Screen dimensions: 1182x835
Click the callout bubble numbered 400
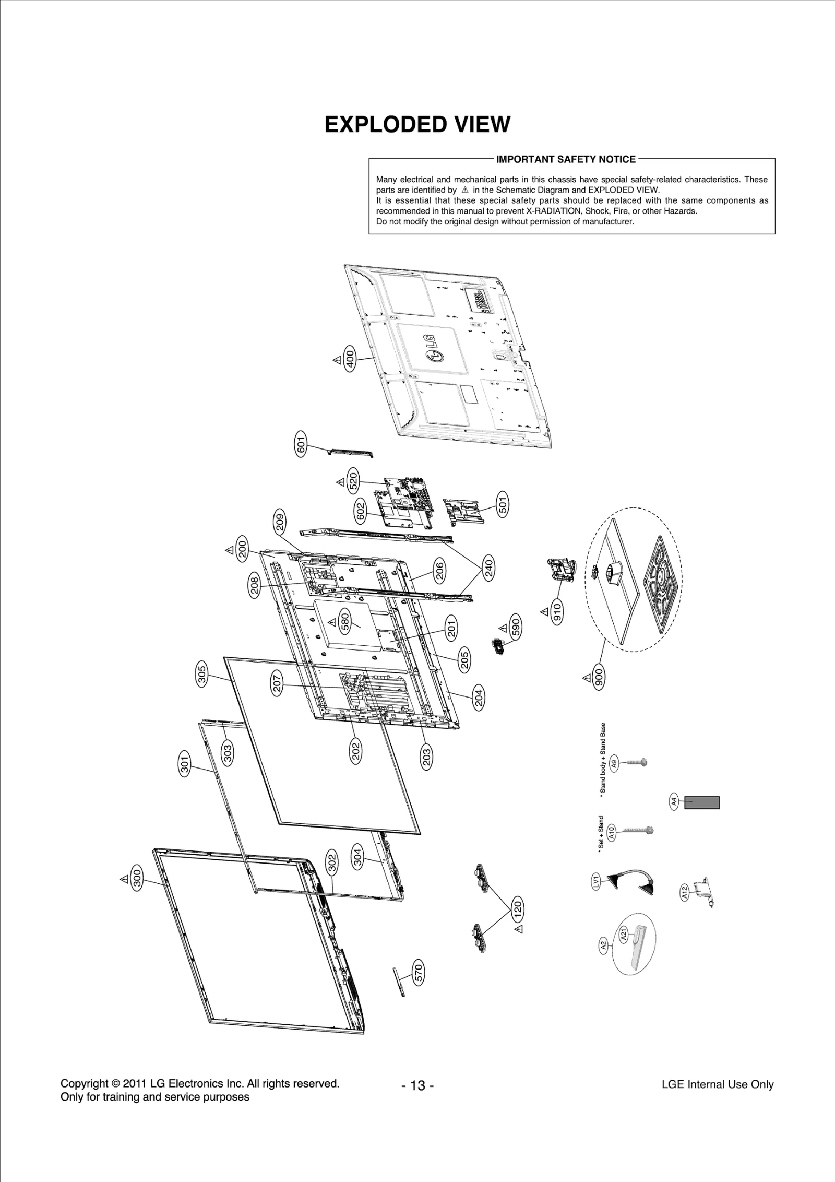[350, 360]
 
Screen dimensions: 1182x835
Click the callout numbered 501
[503, 504]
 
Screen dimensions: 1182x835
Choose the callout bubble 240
[489, 568]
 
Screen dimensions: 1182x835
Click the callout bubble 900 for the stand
[599, 678]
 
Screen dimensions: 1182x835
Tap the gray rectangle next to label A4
[702, 802]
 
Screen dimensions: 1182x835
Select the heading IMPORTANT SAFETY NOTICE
[566, 159]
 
